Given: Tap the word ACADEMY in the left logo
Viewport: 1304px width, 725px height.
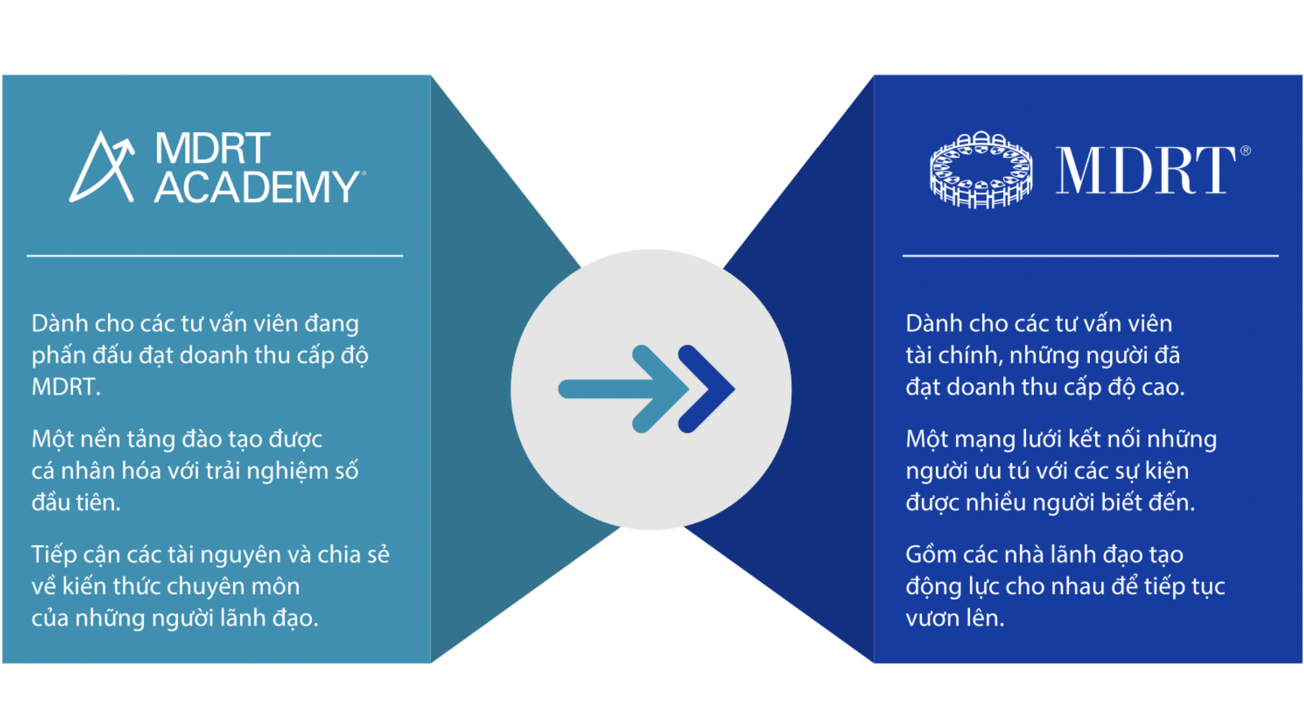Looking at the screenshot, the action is [x=256, y=187].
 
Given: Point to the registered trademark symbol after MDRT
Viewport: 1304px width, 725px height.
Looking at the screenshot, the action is [x=1245, y=151].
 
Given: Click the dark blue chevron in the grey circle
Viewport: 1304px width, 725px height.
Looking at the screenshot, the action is [x=707, y=389].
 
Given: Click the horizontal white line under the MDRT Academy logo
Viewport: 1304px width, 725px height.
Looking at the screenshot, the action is [x=215, y=256].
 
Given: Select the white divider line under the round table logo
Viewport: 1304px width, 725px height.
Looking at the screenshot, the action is [x=1090, y=256].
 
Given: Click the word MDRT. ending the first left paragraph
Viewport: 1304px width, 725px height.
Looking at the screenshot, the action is [x=66, y=387].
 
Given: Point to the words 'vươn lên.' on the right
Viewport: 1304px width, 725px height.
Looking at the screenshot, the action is [x=954, y=618].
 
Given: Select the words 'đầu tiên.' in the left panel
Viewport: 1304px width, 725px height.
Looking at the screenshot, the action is [x=76, y=502].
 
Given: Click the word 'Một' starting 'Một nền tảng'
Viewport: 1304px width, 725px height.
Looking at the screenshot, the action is [x=53, y=439].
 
